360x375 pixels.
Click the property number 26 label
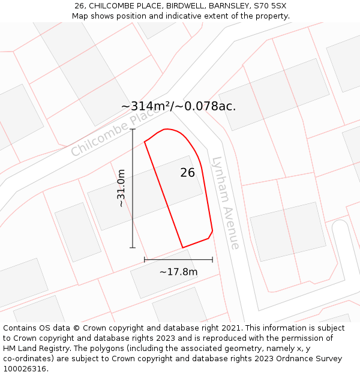coord(188,173)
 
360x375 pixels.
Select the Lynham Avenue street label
coord(226,203)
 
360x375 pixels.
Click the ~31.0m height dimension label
coord(121,188)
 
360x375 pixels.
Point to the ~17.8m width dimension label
coord(178,272)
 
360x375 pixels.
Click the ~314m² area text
coord(146,106)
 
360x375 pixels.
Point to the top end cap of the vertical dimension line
coord(133,129)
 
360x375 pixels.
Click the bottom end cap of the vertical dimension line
coord(133,248)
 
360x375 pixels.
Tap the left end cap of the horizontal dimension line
coord(145,260)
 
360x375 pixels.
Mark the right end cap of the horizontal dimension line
coord(212,260)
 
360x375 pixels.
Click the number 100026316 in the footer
coord(25,369)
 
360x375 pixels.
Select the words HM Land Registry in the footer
coord(32,349)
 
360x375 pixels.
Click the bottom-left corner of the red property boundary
coord(182,248)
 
